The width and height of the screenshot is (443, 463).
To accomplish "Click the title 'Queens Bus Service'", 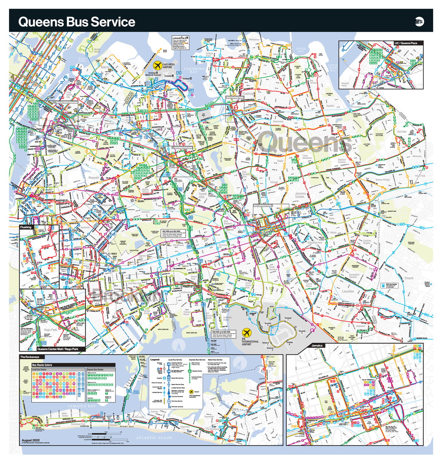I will tap(77, 22).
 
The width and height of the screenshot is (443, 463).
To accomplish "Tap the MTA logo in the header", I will tap(419, 22).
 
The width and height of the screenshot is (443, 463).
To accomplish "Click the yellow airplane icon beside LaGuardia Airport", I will tap(158, 66).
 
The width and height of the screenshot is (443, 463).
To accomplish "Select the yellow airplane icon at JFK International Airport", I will tap(246, 332).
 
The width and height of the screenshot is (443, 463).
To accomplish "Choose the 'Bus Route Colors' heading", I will tap(42, 365).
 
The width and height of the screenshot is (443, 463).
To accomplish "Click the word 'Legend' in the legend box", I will tap(155, 359).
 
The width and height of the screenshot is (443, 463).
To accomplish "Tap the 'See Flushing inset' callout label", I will tap(235, 97).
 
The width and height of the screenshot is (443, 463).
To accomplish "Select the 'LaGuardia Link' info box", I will tap(181, 43).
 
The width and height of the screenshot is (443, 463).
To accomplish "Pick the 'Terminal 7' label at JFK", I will tap(288, 318).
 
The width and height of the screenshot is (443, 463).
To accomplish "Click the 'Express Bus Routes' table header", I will tap(95, 369).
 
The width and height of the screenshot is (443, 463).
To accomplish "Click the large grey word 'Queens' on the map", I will tap(305, 142).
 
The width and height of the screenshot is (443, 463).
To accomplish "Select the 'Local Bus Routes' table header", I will tap(39, 369).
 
